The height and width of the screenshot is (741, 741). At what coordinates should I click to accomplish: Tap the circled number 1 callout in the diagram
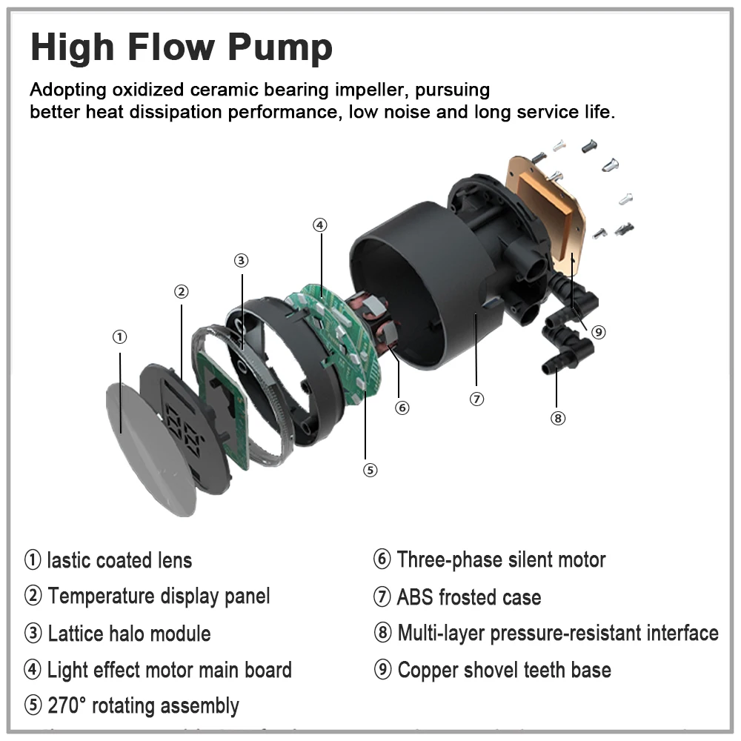pos(119,337)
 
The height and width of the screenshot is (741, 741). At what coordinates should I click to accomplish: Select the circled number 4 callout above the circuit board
pos(319,225)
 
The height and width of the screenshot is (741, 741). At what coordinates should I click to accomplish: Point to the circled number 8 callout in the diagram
pos(558,418)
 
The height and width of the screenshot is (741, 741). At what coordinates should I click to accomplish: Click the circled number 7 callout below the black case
pos(476,399)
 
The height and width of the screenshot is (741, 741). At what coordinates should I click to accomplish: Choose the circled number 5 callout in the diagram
pos(370,470)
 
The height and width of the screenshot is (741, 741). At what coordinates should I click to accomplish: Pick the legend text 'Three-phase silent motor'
pos(501,559)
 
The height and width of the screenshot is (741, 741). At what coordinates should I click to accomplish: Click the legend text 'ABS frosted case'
pos(468,597)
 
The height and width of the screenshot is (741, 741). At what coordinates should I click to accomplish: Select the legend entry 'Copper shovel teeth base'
pos(504,671)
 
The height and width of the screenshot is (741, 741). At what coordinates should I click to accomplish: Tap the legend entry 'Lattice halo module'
pos(129,634)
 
